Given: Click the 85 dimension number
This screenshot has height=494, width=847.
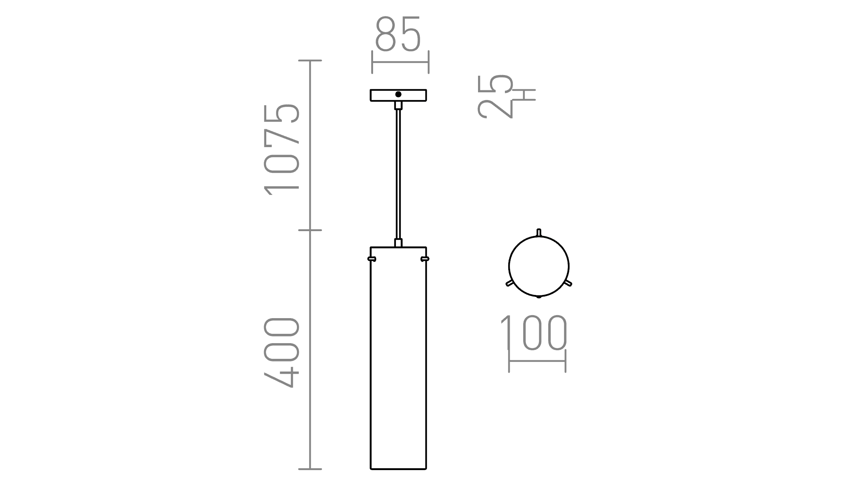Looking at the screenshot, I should (x=398, y=34).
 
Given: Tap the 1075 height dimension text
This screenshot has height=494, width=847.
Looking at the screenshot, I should (x=282, y=149).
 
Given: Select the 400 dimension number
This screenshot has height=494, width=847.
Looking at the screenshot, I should (x=282, y=352).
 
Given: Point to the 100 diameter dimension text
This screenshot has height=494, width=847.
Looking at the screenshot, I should (x=534, y=333).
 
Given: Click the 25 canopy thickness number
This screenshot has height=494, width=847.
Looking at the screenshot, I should (x=495, y=96).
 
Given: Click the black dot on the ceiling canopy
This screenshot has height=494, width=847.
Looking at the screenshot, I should (x=398, y=94).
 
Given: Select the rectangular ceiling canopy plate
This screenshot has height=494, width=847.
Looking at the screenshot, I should (x=381, y=95).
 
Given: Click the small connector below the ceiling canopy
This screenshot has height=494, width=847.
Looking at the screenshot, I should (x=398, y=105).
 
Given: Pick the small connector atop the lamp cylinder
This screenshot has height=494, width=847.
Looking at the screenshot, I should (x=398, y=243).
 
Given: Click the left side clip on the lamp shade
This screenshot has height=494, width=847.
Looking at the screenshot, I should (x=372, y=259).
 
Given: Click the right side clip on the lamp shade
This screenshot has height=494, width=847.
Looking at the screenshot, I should (x=425, y=259).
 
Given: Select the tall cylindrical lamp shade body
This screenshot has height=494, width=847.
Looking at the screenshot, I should (x=398, y=358).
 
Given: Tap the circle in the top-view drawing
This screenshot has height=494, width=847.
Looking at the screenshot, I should (x=539, y=266).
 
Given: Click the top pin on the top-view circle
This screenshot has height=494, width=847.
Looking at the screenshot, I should (x=539, y=232).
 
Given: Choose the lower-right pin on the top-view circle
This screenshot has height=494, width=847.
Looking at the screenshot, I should (x=568, y=283).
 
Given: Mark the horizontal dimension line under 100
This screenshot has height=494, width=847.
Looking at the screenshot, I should (x=537, y=361).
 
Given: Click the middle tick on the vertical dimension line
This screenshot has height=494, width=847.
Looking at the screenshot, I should (x=310, y=230).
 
